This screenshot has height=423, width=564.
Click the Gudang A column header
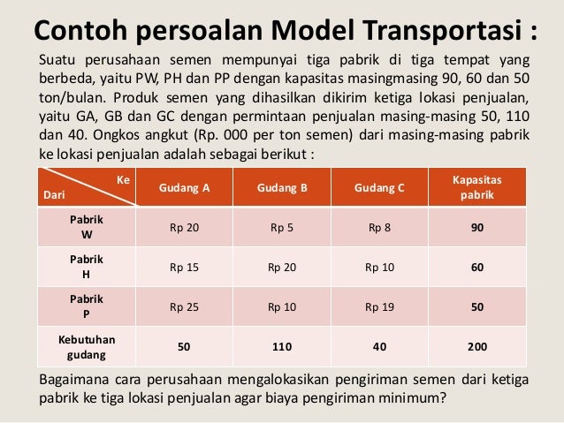tap(184, 188)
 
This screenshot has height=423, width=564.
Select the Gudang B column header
tap(282, 188)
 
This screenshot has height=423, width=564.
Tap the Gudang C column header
tap(379, 188)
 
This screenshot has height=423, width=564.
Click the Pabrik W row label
tap(86, 228)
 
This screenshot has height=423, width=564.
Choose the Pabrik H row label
tap(86, 267)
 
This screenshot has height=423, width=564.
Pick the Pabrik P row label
tap(86, 306)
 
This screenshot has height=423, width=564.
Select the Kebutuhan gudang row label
tap(86, 346)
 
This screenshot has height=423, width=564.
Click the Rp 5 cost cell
tap(282, 228)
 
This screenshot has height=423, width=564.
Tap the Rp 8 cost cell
tap(379, 228)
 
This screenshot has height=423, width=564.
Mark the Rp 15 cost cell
tap(184, 267)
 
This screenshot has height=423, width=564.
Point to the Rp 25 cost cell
tap(184, 306)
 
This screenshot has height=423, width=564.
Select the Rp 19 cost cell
tap(379, 306)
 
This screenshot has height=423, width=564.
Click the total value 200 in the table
tap(477, 347)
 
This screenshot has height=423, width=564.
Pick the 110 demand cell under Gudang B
tap(282, 347)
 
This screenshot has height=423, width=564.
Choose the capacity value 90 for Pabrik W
tap(477, 228)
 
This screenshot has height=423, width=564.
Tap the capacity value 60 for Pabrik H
tap(477, 267)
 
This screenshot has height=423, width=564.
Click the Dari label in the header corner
tap(55, 194)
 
